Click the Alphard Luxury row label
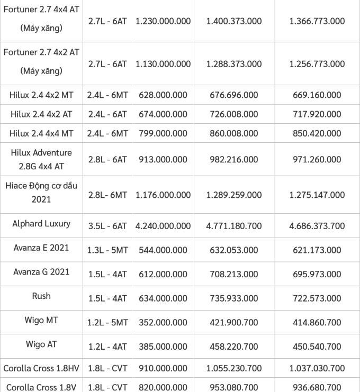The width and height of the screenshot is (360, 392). point(41,224)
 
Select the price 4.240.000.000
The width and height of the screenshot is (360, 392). point(163,226)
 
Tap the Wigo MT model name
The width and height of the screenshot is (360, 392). point(41,320)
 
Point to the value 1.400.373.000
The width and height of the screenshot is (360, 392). point(234,21)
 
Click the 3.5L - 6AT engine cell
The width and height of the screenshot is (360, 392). point(107,226)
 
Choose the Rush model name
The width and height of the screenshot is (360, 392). point(41,296)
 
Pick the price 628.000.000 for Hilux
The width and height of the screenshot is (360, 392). point(163,95)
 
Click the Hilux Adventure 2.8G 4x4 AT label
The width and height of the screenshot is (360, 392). point(41,159)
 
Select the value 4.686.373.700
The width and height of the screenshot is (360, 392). point(317,226)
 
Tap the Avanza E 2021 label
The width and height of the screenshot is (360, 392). point(41,248)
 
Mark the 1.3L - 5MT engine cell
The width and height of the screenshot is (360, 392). point(107,250)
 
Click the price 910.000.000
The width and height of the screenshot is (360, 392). point(163,368)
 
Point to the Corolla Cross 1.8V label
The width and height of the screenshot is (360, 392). point(41,387)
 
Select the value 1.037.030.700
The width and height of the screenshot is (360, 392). point(317,368)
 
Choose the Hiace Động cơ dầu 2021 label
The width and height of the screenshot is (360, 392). point(41,193)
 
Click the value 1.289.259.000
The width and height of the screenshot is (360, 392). point(234,195)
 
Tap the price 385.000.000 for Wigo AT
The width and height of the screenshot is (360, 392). point(163,347)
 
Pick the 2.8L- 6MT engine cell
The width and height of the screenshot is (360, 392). point(107,195)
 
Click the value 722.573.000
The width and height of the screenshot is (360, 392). point(317,298)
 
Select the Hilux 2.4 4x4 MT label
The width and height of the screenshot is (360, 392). point(41,133)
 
